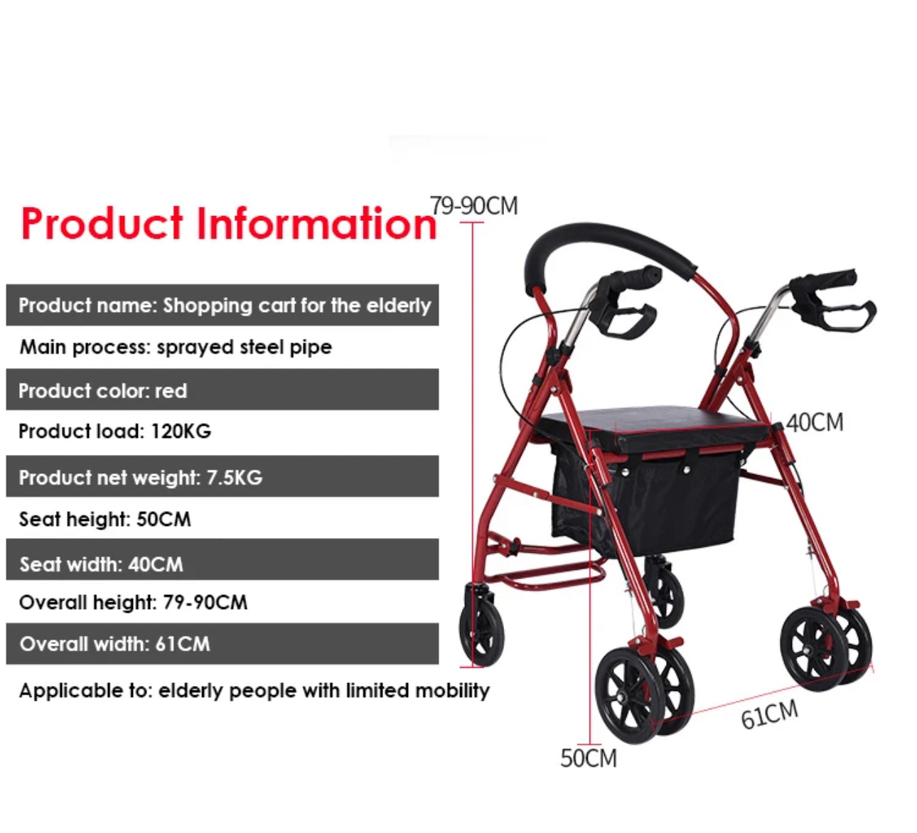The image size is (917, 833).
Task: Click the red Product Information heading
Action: click(x=228, y=224)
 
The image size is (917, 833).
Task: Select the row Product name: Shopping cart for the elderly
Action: click(x=223, y=306)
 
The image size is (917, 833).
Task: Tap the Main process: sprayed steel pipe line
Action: click(x=176, y=347)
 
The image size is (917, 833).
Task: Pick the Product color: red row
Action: click(x=222, y=390)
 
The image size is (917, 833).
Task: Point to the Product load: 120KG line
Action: click(x=114, y=431)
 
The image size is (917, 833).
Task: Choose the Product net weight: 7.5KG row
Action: click(x=222, y=477)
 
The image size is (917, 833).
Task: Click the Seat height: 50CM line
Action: click(x=105, y=519)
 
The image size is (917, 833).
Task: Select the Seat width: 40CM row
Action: click(x=222, y=564)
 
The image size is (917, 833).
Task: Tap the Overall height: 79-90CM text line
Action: click(x=133, y=603)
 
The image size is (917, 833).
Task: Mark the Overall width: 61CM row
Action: click(x=222, y=644)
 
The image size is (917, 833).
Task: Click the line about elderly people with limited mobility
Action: click(x=254, y=691)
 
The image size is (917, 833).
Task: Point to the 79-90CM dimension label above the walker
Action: click(x=474, y=206)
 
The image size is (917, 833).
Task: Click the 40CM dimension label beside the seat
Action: click(x=815, y=423)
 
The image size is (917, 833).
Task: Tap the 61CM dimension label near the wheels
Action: click(x=769, y=714)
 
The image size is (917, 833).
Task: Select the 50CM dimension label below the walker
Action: click(x=589, y=758)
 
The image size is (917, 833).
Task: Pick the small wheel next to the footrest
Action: click(x=482, y=624)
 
